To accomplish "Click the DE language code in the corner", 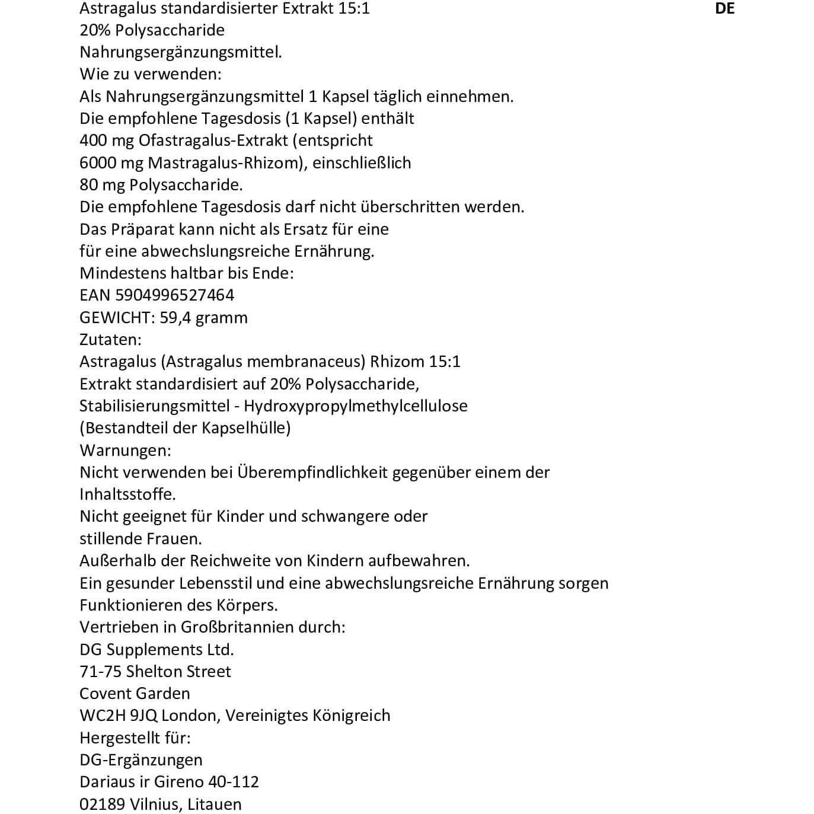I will tap(724, 8).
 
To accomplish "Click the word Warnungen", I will tap(124, 451).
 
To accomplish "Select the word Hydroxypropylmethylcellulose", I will tap(356, 406).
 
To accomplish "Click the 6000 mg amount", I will tap(111, 163).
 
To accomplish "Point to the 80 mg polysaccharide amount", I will tap(102, 185).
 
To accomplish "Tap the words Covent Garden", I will tap(135, 694).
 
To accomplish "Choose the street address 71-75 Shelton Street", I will tap(155, 672).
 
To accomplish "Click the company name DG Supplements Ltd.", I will tap(157, 650).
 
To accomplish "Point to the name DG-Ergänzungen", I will tap(141, 760).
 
